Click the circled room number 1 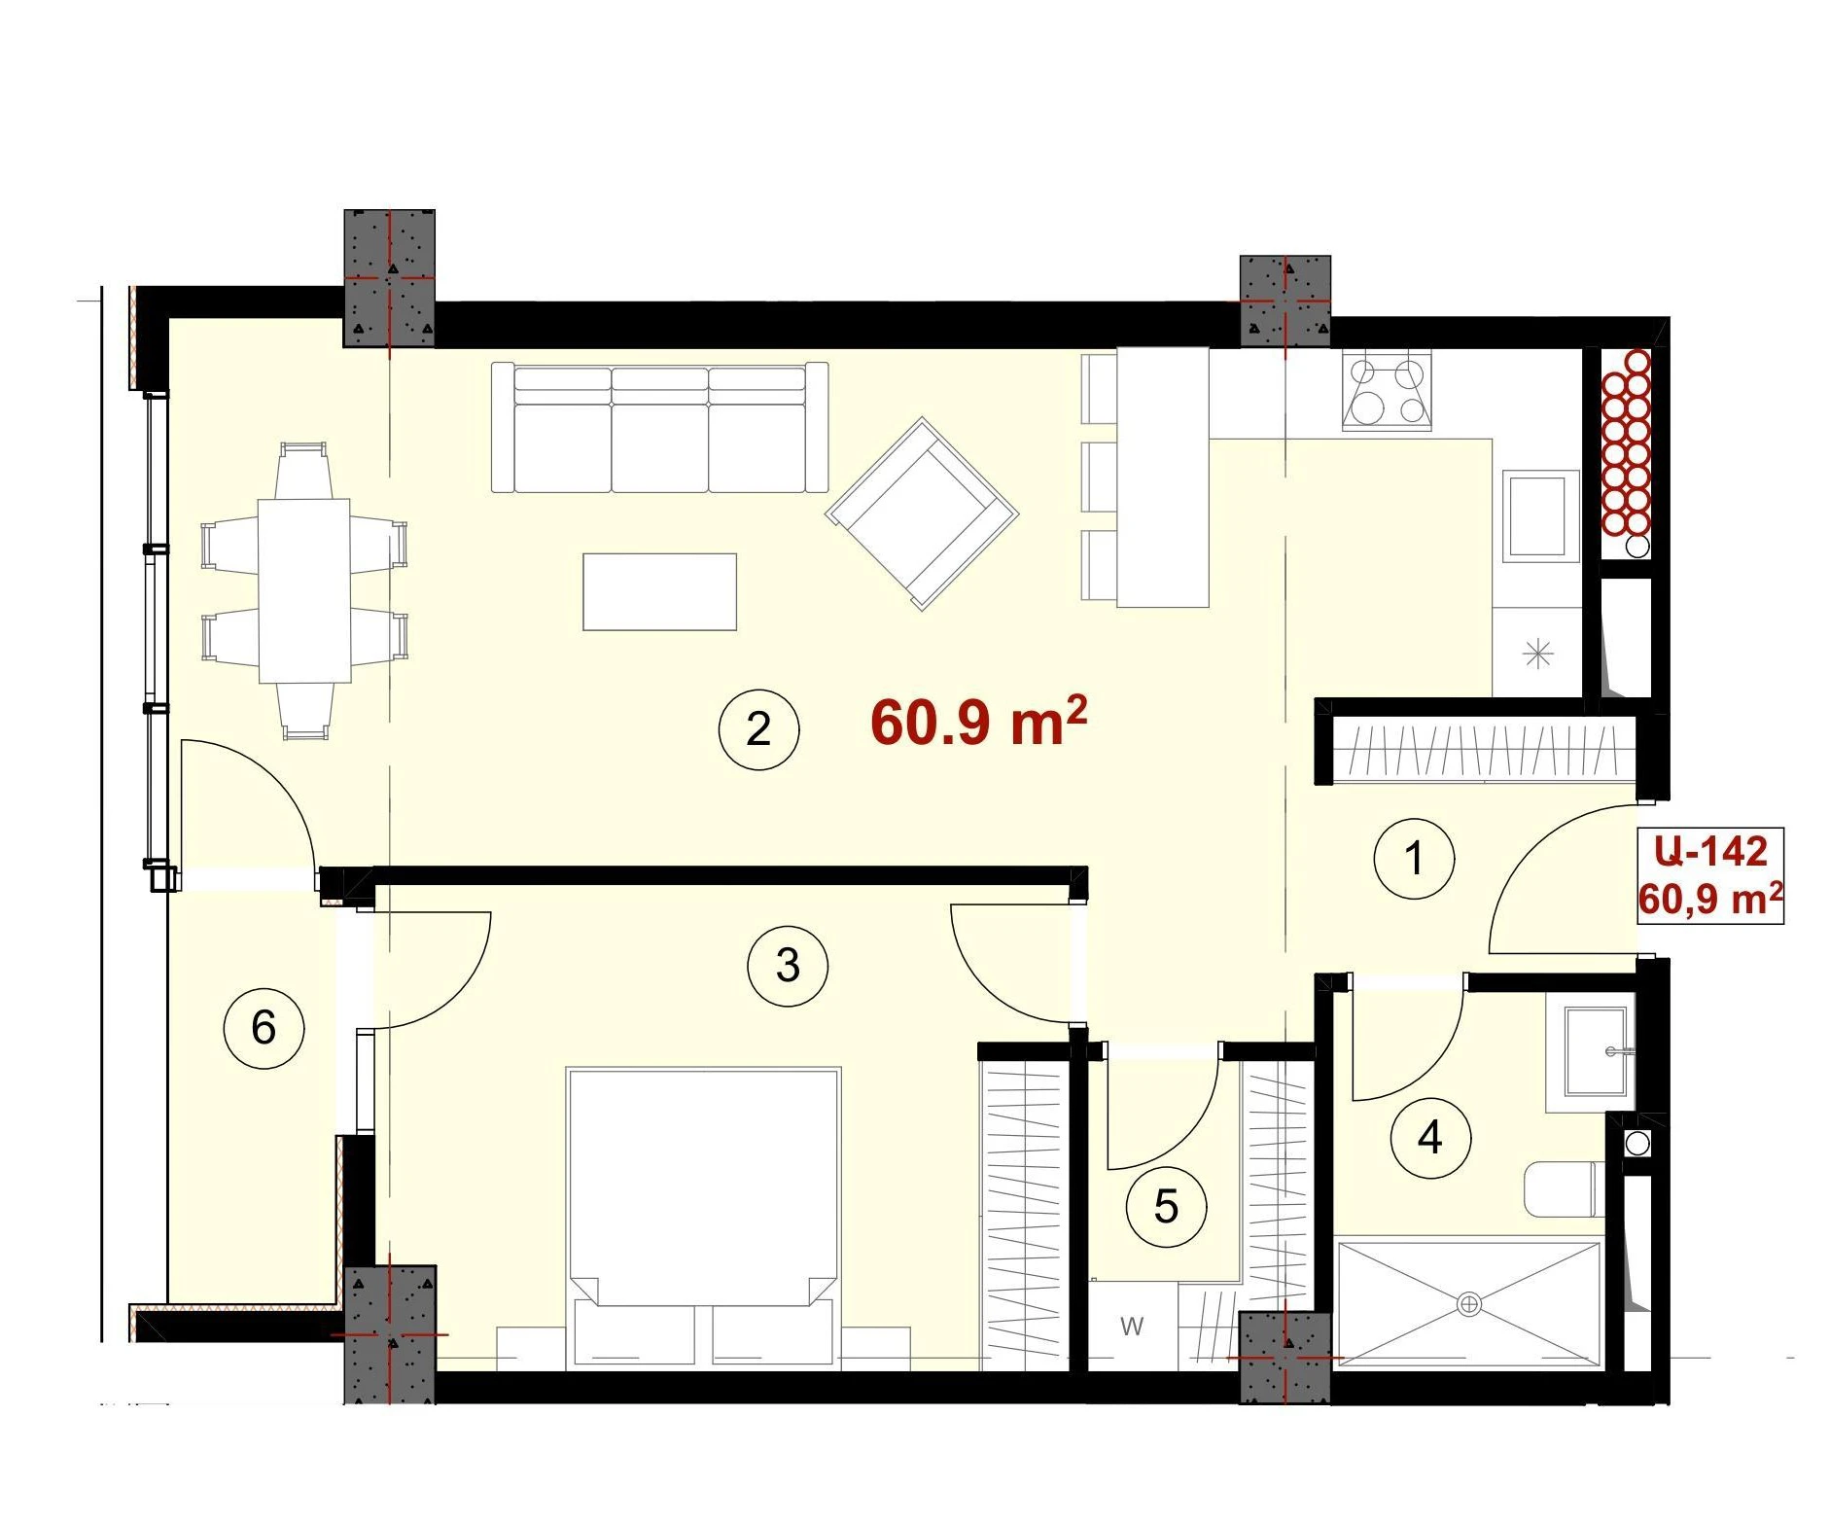click(x=1414, y=859)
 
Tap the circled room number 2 click(x=758, y=729)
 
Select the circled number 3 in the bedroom click(x=788, y=966)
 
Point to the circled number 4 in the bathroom click(x=1430, y=1137)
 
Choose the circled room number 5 click(x=1166, y=1208)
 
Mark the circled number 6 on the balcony click(x=264, y=1028)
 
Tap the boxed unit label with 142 click(x=1710, y=875)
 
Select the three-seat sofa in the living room click(x=660, y=428)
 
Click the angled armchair click(x=922, y=514)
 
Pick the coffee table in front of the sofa click(x=659, y=591)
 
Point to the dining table click(x=304, y=590)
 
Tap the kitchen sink click(x=1536, y=515)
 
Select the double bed click(x=703, y=1216)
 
